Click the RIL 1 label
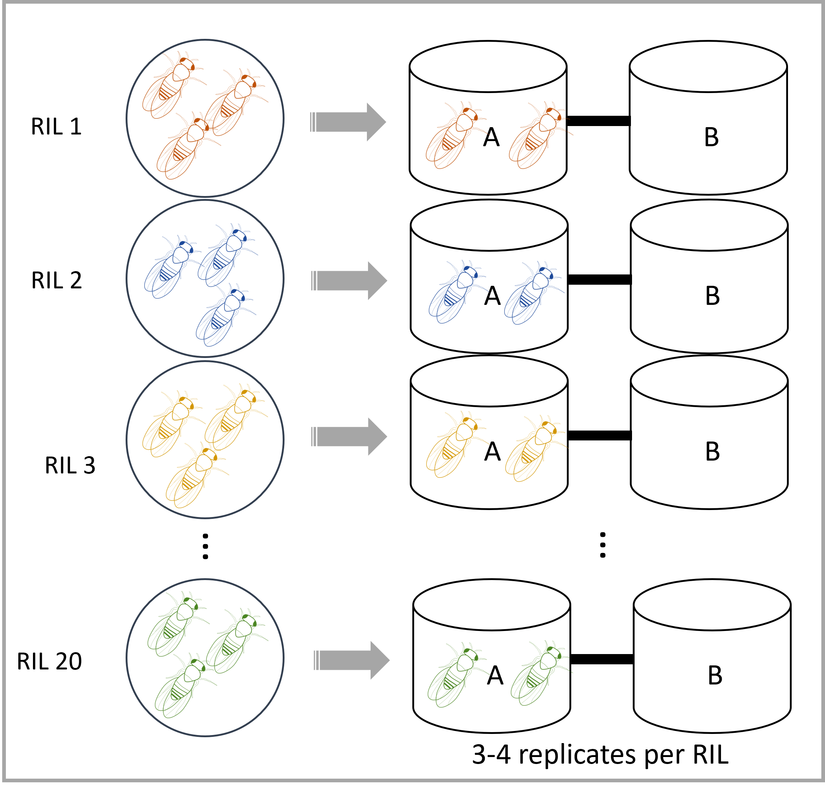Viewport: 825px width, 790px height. tap(56, 126)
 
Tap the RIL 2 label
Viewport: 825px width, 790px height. tap(56, 280)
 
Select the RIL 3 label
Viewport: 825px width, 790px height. tap(70, 465)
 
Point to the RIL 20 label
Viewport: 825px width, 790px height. tap(49, 661)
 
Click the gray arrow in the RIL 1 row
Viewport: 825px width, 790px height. tap(349, 122)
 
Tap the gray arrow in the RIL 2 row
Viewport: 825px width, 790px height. tap(349, 281)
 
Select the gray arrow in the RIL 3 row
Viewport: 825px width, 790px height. tap(349, 437)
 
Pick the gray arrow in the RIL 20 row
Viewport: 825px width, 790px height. tap(352, 660)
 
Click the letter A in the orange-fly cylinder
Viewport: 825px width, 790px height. tap(491, 137)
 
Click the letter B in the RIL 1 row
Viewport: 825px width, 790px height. tap(711, 137)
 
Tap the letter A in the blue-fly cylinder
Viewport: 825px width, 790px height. tap(492, 296)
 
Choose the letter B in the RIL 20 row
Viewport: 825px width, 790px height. tap(715, 675)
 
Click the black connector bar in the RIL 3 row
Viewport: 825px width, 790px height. tap(599, 435)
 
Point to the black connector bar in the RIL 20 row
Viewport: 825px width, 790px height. tap(602, 660)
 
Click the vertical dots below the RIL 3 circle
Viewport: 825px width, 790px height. tap(205, 547)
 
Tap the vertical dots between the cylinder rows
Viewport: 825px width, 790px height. tap(603, 545)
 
